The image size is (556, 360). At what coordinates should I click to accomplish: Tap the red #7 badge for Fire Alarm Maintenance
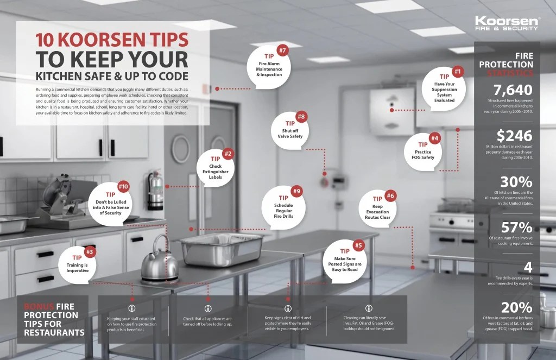[282, 51]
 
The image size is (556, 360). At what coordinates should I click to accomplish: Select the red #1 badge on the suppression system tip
[457, 71]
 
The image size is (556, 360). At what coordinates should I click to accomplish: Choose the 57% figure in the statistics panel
[516, 227]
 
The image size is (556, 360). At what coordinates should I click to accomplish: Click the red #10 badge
[123, 187]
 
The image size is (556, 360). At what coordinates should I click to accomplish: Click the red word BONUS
[39, 306]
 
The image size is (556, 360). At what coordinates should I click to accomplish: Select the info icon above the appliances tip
[207, 308]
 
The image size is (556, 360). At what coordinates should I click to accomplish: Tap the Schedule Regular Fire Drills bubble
[283, 207]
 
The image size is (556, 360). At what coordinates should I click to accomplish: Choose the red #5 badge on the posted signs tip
[358, 245]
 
